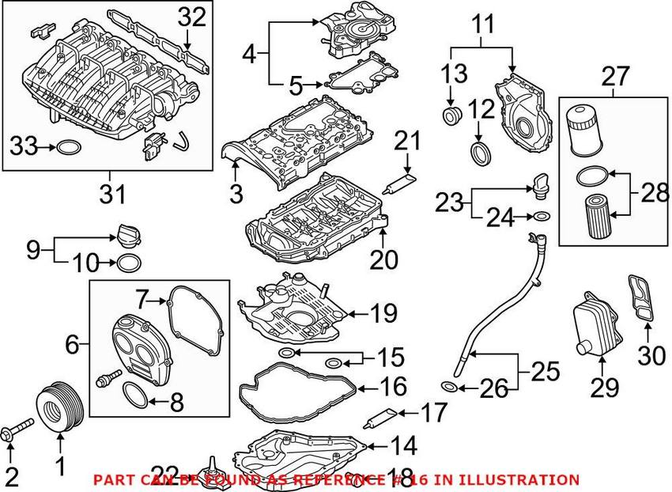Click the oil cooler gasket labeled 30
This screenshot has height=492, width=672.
pyautogui.click(x=643, y=298)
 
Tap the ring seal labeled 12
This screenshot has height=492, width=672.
pyautogui.click(x=479, y=152)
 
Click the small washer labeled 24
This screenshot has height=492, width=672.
pyautogui.click(x=542, y=216)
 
